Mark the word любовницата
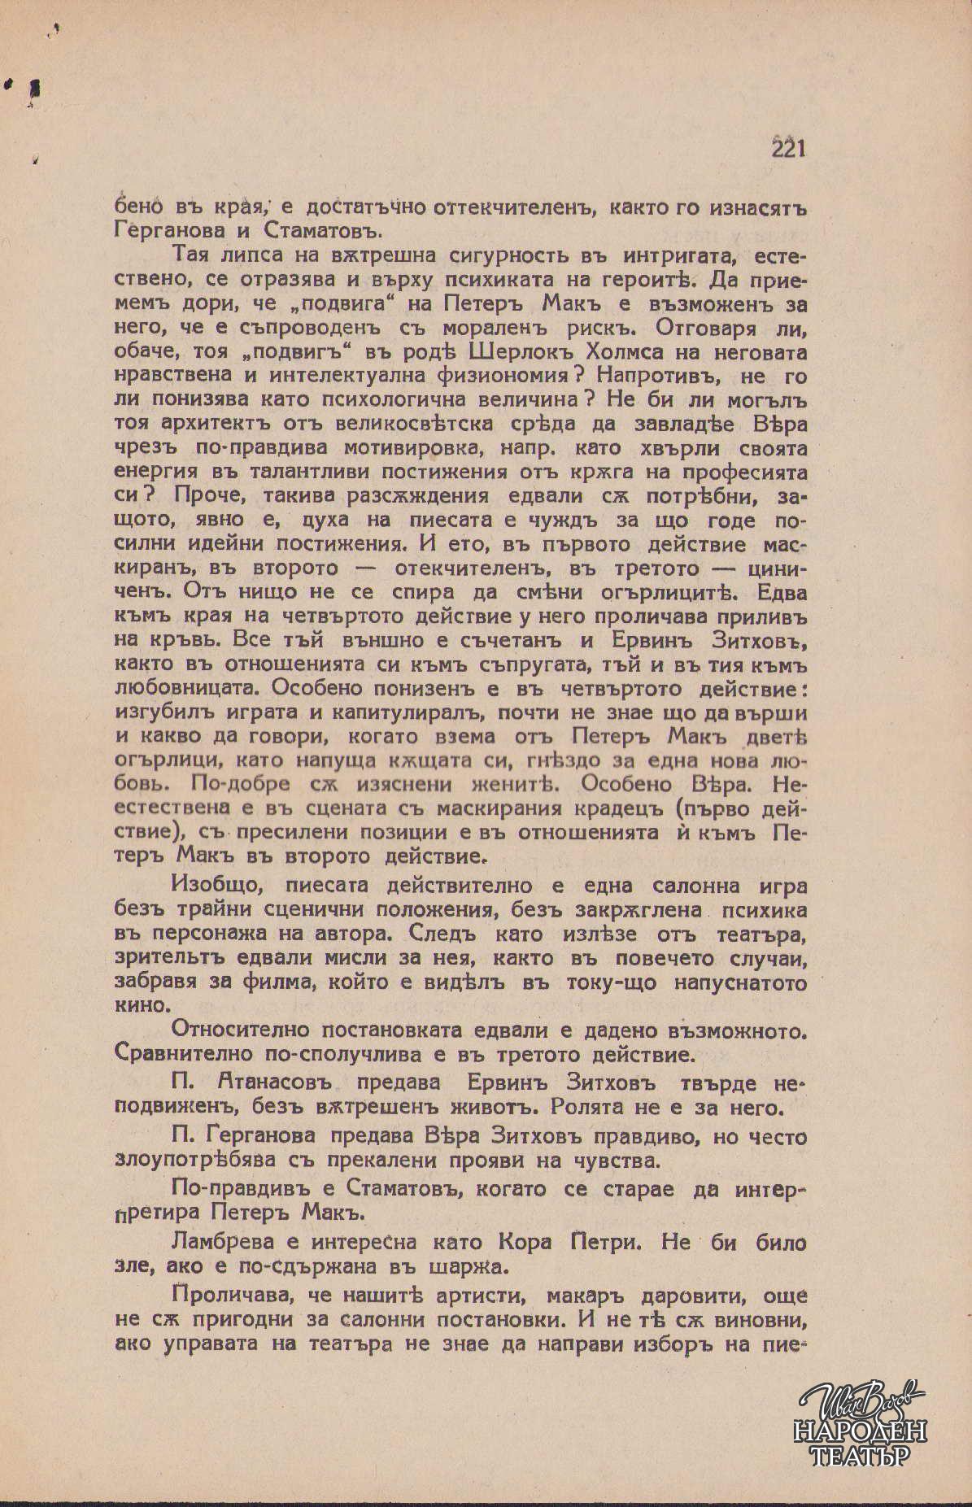pos(186,689)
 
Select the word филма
pos(272,982)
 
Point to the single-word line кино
pos(139,1006)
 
